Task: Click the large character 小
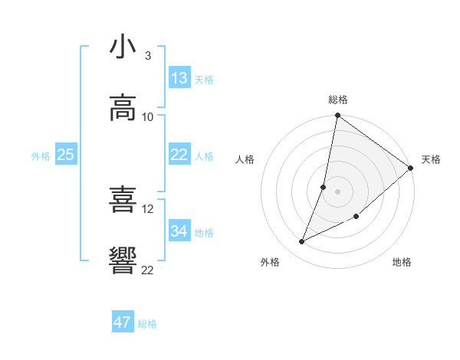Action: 123,47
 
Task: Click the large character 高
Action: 123,108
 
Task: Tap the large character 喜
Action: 123,200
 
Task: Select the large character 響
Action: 123,261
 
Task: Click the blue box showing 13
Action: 179,78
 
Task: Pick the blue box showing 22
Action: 179,155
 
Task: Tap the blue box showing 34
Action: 179,231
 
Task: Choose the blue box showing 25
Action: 66,155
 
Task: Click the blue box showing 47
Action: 123,322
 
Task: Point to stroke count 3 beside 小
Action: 148,56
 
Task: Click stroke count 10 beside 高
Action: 148,117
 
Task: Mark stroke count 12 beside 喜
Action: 148,208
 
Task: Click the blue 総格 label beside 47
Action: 147,324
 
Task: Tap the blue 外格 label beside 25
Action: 41,156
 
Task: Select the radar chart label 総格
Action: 338,100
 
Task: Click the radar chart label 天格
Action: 431,159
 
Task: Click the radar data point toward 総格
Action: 337,116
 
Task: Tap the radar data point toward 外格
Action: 302,242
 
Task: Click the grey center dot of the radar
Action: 337,191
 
